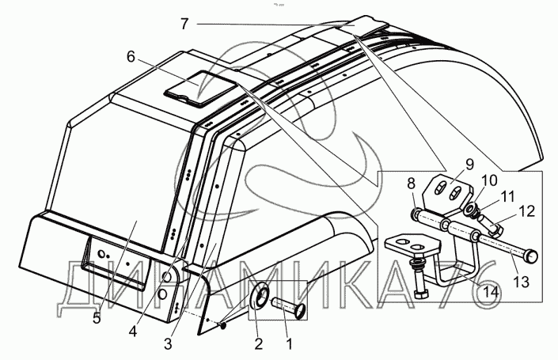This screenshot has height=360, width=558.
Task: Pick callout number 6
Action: pos(131,56)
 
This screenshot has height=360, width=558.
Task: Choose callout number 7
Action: pos(184,24)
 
